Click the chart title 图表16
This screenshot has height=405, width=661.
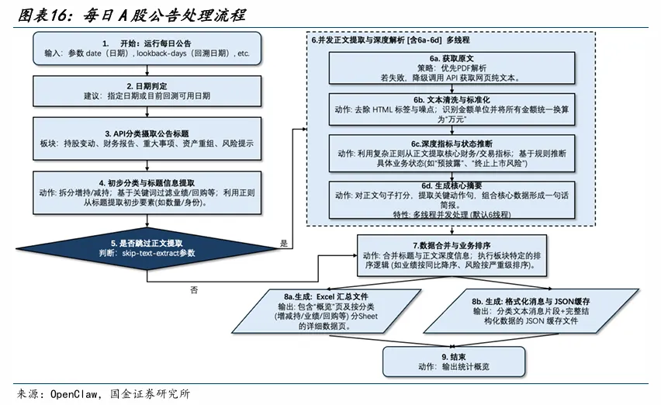coord(46,15)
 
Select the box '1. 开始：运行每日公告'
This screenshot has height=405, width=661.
coord(147,48)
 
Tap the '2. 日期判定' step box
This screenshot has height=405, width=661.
coord(147,91)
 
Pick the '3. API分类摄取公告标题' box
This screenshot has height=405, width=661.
coord(147,138)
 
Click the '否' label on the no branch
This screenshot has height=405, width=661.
coord(193,290)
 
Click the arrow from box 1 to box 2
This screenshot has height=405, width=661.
coord(147,71)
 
